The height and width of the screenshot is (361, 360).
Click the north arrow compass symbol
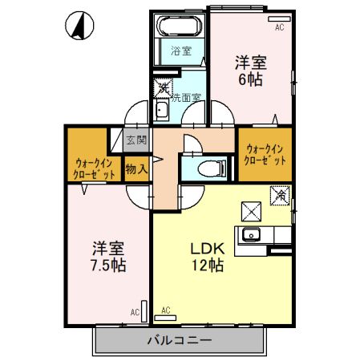point(79,26)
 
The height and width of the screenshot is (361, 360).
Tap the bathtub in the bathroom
point(180,26)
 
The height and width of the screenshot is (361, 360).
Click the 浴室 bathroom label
point(181,51)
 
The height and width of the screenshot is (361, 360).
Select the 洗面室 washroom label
point(186,98)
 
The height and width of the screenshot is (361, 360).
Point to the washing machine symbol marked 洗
point(163,88)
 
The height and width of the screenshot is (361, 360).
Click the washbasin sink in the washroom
point(161,111)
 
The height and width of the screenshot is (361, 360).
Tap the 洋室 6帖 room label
point(250,71)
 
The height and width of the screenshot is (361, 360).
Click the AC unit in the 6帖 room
point(279,19)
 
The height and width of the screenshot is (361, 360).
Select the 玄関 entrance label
point(136,140)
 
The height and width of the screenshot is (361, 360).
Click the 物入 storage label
point(136,169)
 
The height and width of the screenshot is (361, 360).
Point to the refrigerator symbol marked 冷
point(280,196)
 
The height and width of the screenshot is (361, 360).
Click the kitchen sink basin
point(251,235)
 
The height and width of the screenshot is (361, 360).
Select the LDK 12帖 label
point(208,258)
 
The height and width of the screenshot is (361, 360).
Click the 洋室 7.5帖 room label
point(108,257)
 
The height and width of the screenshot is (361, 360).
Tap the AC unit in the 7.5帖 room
point(144,311)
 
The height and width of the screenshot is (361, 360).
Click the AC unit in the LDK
point(165,318)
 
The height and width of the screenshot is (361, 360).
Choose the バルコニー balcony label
point(180,341)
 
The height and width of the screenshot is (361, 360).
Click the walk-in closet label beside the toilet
point(265,155)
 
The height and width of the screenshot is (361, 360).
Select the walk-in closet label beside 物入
point(94,168)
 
